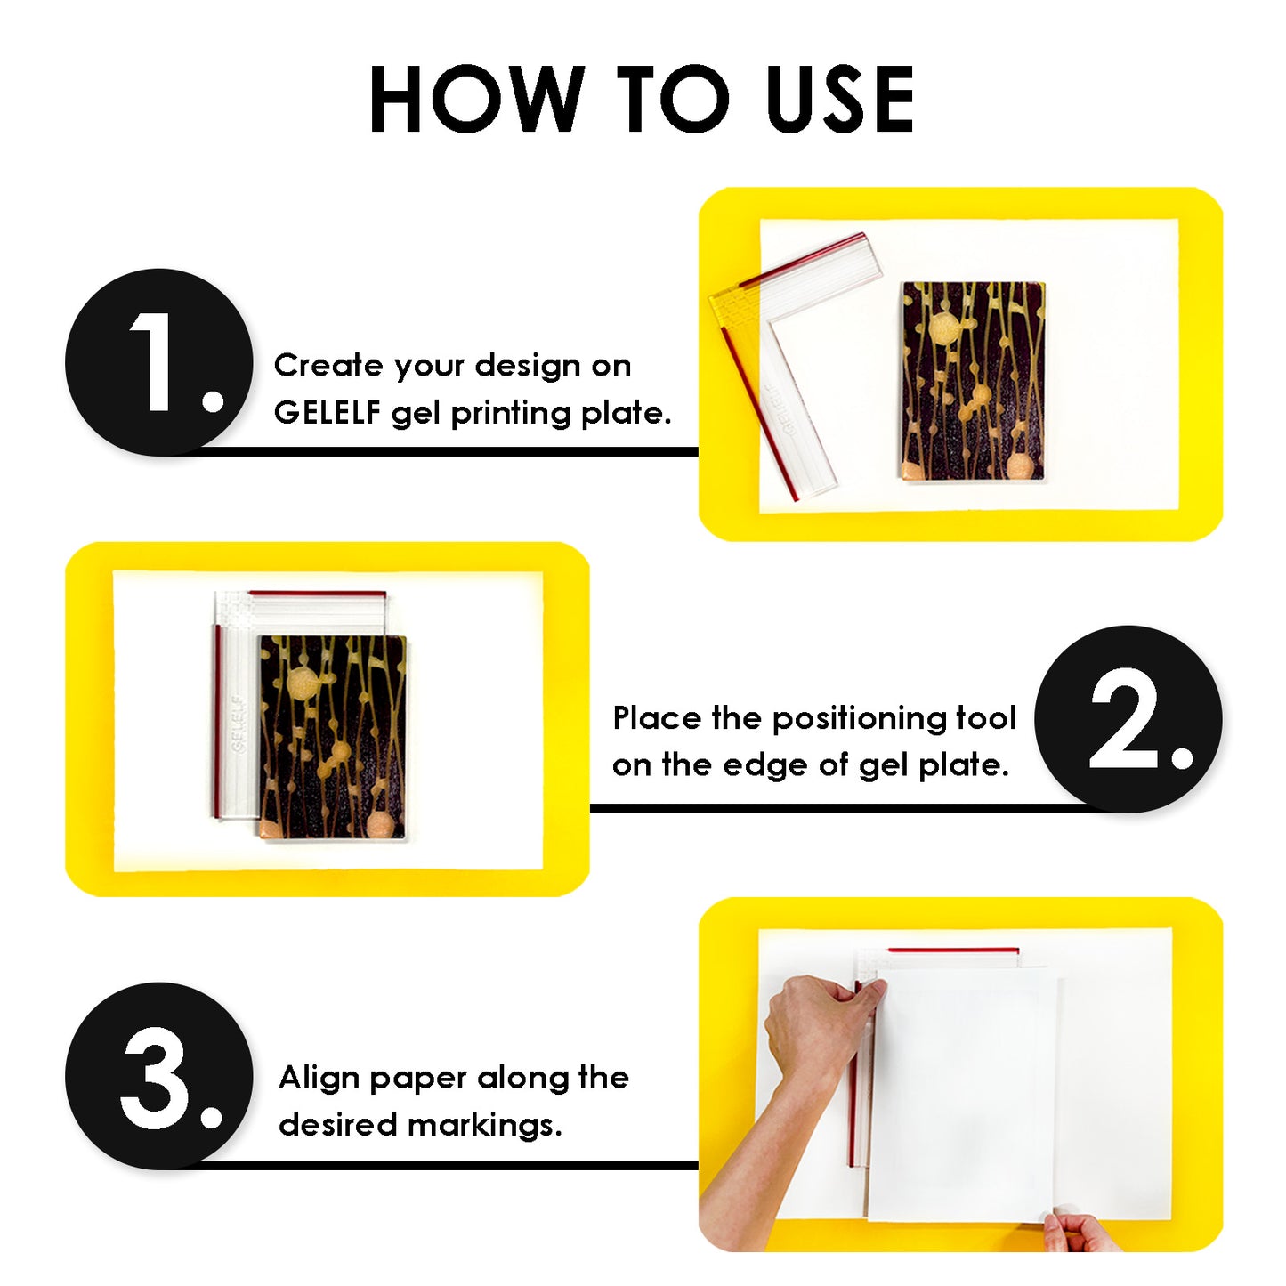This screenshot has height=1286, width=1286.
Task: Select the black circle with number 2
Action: tap(1128, 719)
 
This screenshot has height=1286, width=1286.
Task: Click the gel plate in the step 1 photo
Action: tap(972, 383)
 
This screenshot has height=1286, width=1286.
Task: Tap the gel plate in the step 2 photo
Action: tap(332, 737)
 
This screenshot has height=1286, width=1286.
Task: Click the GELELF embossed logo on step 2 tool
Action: tap(238, 724)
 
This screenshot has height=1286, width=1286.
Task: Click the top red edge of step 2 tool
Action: tap(317, 593)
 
